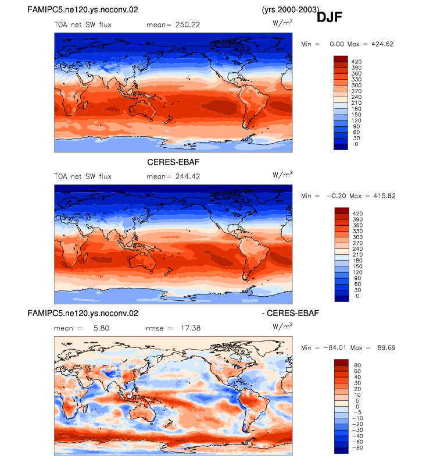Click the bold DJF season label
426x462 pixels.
[329, 17]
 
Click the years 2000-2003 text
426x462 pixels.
[290, 10]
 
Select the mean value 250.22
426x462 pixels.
[188, 25]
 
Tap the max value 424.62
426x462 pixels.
[382, 44]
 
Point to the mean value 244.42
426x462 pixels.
[188, 176]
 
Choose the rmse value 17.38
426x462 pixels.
[191, 328]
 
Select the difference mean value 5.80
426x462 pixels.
[102, 328]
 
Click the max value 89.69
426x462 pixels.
[386, 348]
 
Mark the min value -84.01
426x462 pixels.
[335, 348]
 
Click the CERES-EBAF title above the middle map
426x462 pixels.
[173, 162]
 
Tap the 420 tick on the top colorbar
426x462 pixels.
[356, 62]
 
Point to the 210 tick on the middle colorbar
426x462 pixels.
[357, 255]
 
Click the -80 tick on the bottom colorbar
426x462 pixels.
[357, 448]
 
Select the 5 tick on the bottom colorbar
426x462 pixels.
[357, 401]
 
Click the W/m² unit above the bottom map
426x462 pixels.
[282, 326]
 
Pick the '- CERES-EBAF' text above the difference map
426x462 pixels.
[290, 313]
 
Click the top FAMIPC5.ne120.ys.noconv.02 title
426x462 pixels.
[83, 10]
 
